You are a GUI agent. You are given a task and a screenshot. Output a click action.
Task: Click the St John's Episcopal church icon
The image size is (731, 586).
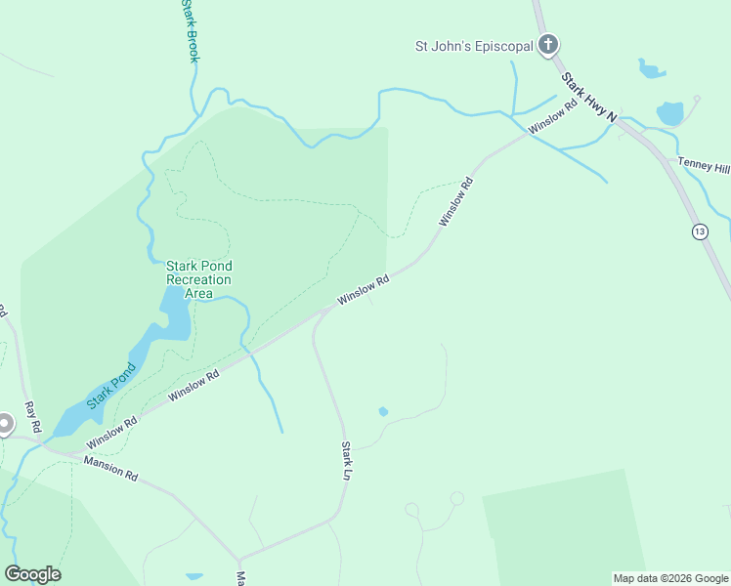click(x=548, y=45)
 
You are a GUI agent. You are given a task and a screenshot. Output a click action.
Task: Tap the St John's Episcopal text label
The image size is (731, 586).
click(x=474, y=46)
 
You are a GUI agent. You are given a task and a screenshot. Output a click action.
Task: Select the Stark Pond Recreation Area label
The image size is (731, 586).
click(x=198, y=279)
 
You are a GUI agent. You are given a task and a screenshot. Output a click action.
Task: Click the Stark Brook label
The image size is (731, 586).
click(x=190, y=32)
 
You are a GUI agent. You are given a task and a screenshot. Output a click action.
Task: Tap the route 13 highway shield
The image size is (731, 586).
click(x=699, y=231)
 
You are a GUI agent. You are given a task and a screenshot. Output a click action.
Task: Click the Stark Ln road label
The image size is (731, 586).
click(x=346, y=460)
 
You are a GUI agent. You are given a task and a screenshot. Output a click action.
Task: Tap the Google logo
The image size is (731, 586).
click(x=33, y=574)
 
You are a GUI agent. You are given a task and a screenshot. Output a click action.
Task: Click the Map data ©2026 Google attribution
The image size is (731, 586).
click(x=670, y=578)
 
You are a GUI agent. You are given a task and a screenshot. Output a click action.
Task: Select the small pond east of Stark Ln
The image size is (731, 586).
click(x=383, y=411)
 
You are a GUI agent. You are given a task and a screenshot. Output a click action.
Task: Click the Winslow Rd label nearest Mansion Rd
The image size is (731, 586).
click(x=111, y=430)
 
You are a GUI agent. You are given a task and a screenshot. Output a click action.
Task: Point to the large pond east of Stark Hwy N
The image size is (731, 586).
click(x=670, y=114)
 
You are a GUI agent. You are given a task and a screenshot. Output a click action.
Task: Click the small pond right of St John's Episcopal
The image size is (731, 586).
click(x=651, y=68)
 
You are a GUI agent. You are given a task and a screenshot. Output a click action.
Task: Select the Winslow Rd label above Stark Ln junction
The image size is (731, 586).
click(x=364, y=289)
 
